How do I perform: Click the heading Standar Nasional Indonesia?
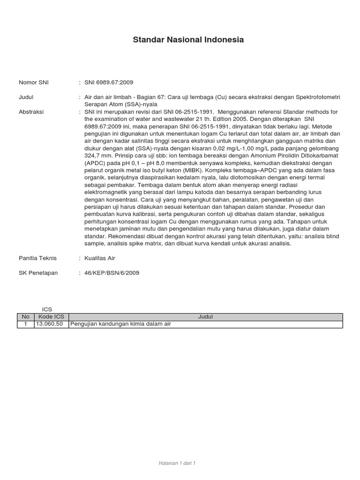coord(188,40)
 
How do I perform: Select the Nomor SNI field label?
coord(33,82)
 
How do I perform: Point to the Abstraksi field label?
coord(31,112)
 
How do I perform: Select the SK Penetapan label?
coord(38,273)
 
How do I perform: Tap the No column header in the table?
coord(25,317)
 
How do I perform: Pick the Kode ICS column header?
coord(51,317)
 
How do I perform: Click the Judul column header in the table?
coord(205,317)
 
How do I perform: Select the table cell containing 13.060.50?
coord(49,324)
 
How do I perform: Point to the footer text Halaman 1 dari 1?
coord(177,463)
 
